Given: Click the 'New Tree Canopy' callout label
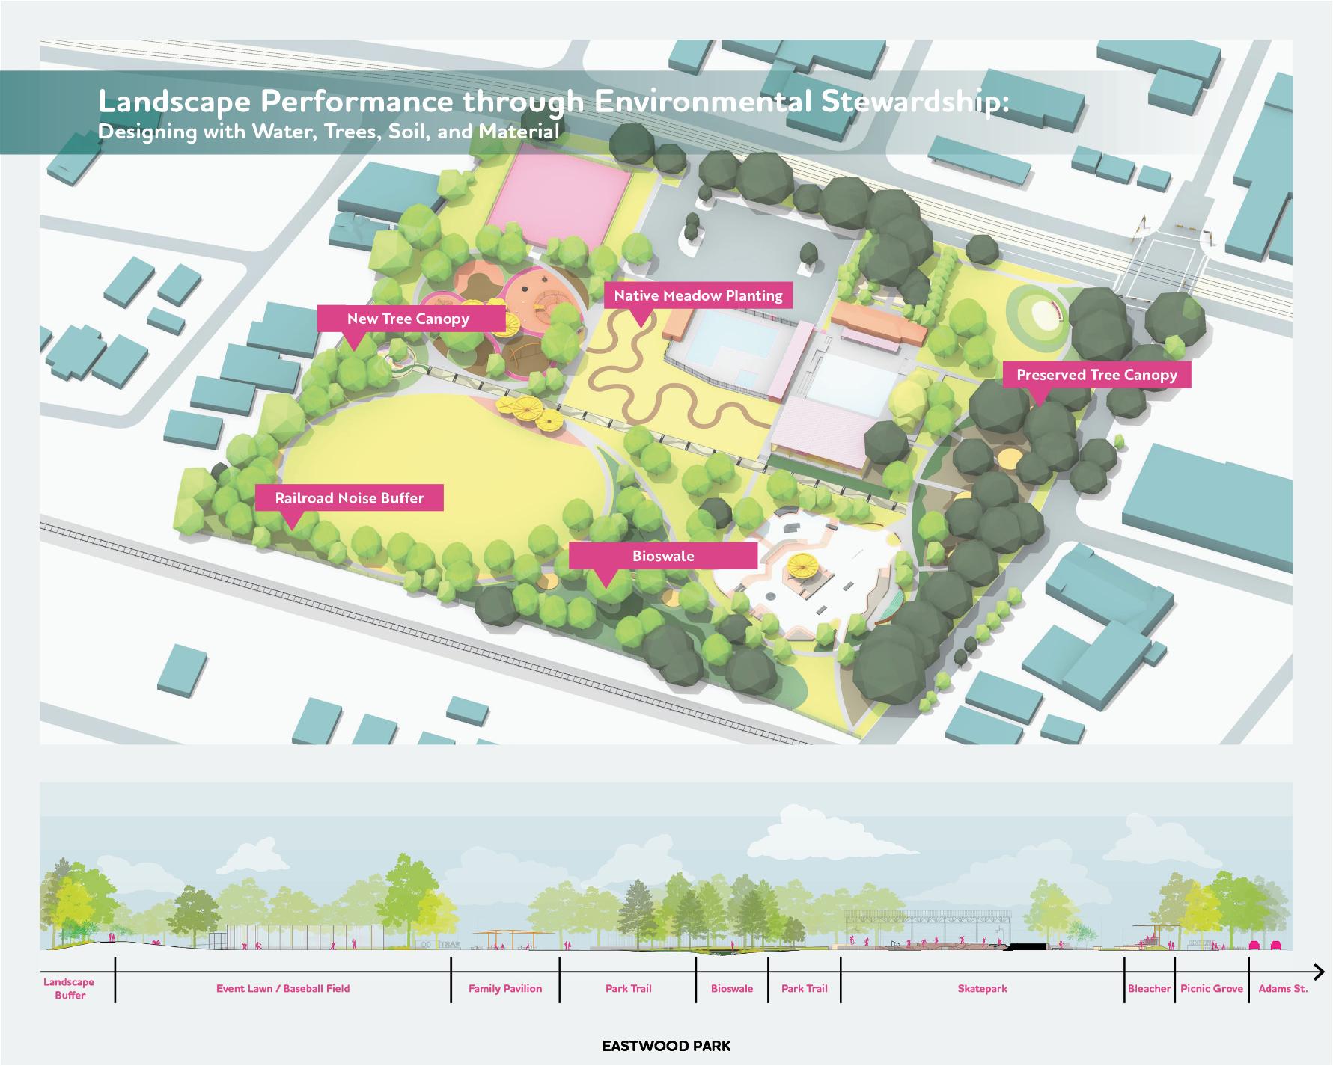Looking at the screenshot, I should tap(408, 319).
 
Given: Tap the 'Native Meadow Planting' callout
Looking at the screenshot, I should tap(698, 296).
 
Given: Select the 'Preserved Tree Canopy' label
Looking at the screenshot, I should tap(1096, 375).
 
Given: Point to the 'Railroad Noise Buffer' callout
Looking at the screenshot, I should tap(349, 498).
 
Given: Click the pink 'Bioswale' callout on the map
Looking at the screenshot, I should tap(662, 556).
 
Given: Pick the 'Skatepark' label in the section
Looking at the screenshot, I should tap(982, 989).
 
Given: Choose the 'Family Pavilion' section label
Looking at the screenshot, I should tap(505, 989).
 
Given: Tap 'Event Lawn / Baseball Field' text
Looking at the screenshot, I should tap(283, 989).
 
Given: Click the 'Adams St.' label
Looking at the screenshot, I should tap(1283, 989).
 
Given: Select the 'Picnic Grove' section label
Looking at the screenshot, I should tap(1211, 989).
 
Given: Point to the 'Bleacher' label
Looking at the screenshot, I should tap(1149, 989).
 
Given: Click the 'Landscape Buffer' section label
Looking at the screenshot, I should tap(70, 989).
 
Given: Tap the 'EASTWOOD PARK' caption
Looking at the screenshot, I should tap(666, 1046).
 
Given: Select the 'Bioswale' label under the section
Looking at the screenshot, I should tap(732, 989).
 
